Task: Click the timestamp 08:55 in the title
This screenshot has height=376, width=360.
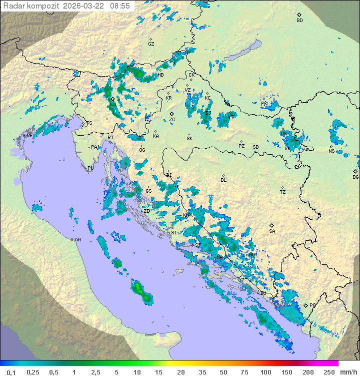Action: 120,6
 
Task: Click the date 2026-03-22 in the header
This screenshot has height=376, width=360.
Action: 86,6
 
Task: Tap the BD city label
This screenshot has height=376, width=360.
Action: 299,21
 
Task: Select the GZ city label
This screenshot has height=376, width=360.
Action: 151,44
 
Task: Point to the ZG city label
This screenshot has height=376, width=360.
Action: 172,120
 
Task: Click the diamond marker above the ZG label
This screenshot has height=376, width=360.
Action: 171,114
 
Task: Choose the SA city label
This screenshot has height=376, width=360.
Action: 272,231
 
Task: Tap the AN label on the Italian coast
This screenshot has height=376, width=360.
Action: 78,240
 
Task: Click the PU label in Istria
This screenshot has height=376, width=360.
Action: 90,169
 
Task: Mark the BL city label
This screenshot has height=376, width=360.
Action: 223,180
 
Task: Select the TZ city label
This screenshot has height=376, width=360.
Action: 283,192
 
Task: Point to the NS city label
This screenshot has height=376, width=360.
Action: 331,151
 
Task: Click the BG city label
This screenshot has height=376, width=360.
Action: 355,177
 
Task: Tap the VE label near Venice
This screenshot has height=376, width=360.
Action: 29,136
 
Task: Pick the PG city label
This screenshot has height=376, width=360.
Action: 312,305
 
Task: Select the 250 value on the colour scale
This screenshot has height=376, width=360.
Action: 328,372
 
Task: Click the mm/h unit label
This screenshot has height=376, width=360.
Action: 348,372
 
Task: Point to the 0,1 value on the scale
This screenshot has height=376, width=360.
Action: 10,372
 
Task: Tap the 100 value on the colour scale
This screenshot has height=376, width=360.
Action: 265,372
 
